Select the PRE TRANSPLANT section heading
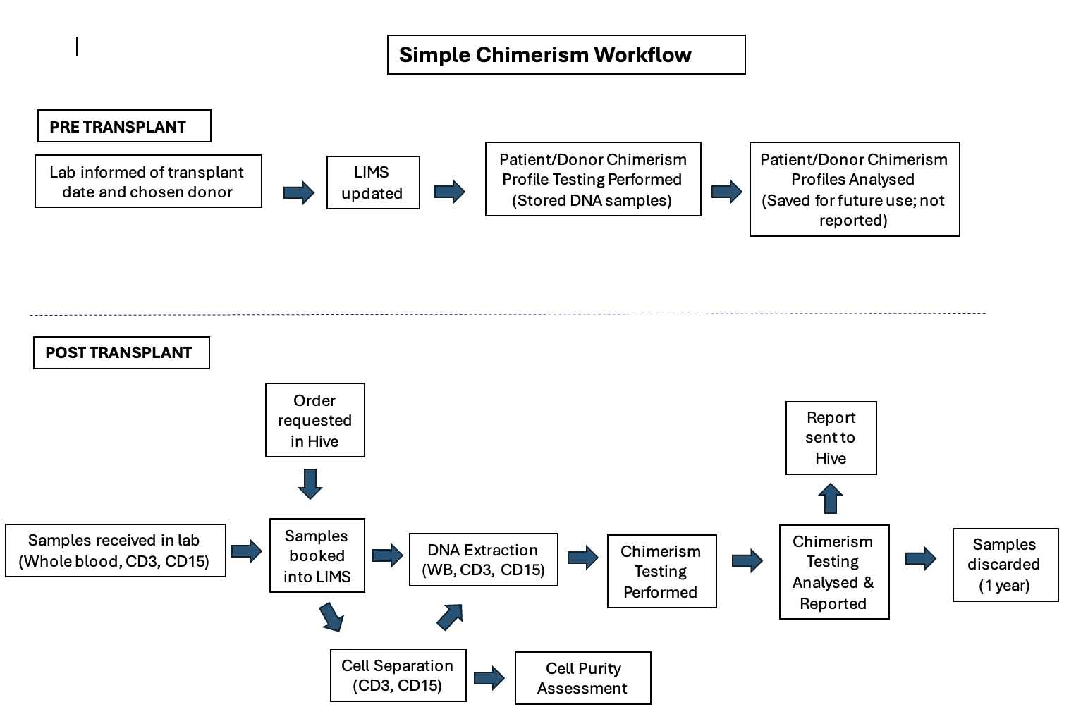point(124,126)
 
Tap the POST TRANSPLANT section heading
point(121,352)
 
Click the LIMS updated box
point(373,183)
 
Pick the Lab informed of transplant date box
point(148,182)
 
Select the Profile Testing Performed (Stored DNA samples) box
point(593,179)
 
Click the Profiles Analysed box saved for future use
point(855,189)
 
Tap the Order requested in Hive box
point(314,420)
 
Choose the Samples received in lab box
point(116,551)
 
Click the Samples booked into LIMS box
point(317,555)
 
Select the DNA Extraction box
point(483,560)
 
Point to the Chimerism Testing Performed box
point(661,571)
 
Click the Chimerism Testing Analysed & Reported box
point(834,572)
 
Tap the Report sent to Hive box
point(831,438)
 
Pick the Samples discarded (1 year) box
point(1005,565)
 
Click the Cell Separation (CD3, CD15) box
point(398,675)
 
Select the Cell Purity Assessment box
point(582,678)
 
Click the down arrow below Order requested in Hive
point(310,484)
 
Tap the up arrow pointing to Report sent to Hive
point(831,498)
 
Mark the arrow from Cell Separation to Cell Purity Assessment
point(489,678)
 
